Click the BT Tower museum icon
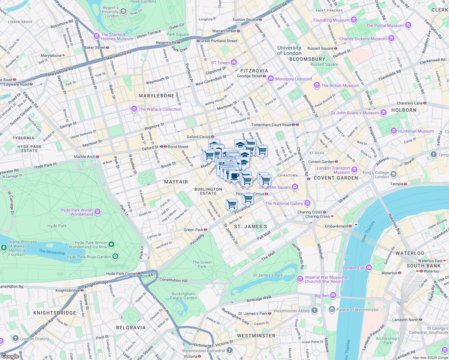click(x=234, y=62)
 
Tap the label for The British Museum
click(x=340, y=85)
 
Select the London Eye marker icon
click(x=369, y=268)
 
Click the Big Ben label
click(x=321, y=295)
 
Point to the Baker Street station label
click(x=95, y=47)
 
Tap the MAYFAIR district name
click(x=176, y=182)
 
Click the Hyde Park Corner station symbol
click(x=139, y=274)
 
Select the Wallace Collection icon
click(x=134, y=109)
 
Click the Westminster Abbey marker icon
click(x=314, y=310)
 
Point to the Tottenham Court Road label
click(x=271, y=125)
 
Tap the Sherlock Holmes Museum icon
click(x=96, y=36)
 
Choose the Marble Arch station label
click(x=84, y=157)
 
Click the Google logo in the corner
click(x=10, y=356)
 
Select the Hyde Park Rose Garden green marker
click(x=115, y=256)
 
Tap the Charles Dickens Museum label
click(x=363, y=39)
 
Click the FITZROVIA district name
click(x=254, y=71)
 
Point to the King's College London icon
click(x=393, y=174)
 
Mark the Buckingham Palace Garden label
click(x=183, y=296)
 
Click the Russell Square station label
click(x=320, y=48)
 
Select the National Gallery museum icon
click(x=307, y=203)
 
